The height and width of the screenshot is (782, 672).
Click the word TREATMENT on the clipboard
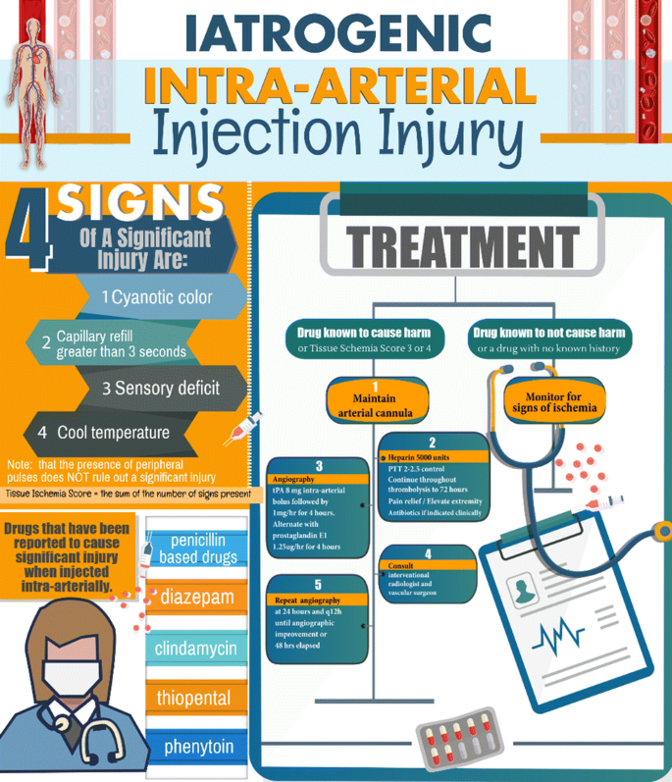click(449, 240)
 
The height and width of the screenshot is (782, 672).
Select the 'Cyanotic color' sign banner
click(162, 297)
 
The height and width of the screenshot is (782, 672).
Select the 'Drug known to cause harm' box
click(364, 339)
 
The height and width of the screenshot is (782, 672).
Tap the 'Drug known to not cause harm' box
click(548, 339)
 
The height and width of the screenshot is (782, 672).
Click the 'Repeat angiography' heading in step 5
click(309, 600)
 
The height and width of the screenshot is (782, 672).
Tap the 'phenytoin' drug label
click(199, 747)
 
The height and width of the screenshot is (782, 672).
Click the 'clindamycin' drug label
click(196, 649)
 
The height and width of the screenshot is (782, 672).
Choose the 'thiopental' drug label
click(195, 699)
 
